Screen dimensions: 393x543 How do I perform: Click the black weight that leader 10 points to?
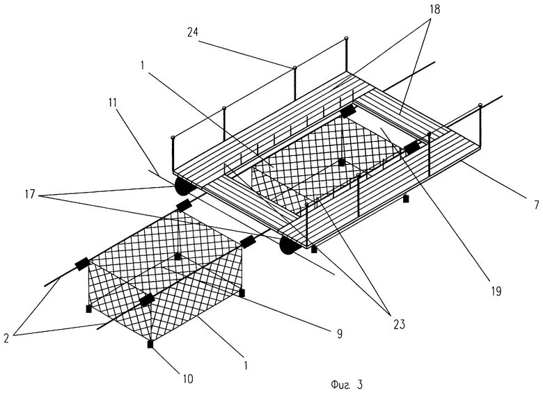[151, 344]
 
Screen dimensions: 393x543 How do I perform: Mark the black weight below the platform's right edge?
[407, 199]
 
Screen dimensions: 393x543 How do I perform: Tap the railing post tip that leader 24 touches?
[294, 68]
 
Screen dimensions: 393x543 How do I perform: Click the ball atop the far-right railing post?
[480, 105]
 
